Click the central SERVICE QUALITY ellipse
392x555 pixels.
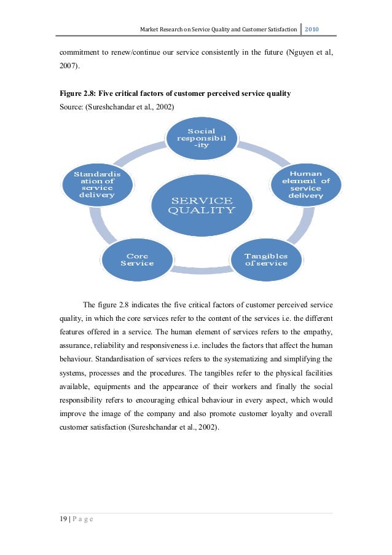click(x=202, y=205)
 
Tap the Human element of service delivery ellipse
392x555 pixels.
click(x=305, y=184)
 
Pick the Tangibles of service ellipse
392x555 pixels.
click(x=265, y=259)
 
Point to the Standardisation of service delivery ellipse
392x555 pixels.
click(x=97, y=184)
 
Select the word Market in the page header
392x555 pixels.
click(x=150, y=30)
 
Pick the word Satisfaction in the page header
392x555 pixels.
click(x=278, y=30)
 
